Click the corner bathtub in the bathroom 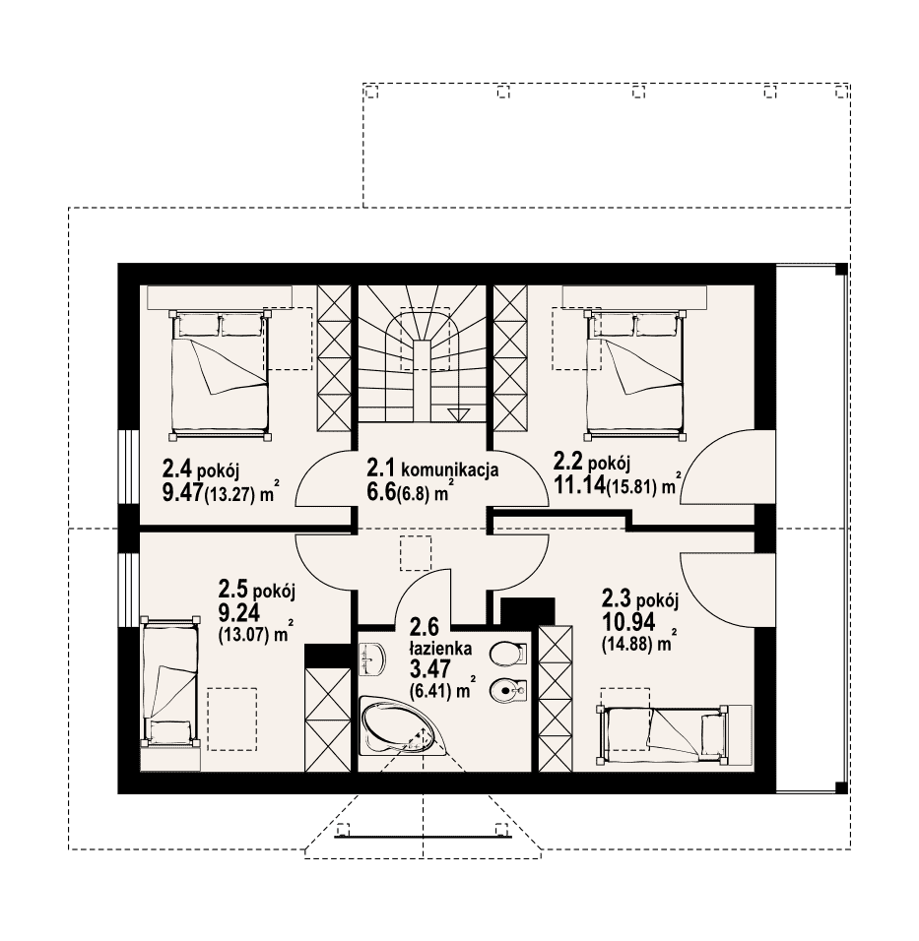(400, 725)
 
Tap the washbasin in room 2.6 (373, 659)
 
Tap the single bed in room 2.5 (170, 681)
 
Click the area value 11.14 (578, 483)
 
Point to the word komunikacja (450, 469)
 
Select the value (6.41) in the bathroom (430, 691)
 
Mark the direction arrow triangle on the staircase (459, 414)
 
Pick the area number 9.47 (182, 492)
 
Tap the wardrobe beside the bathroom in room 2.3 (555, 699)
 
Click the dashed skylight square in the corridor (416, 553)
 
